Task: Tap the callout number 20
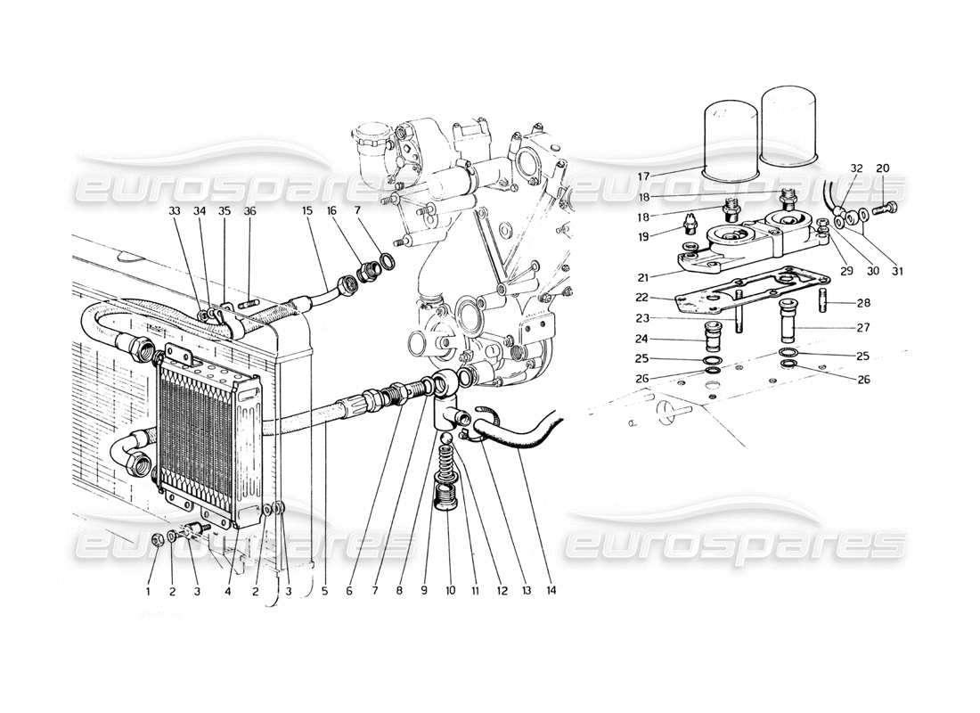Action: coord(882,168)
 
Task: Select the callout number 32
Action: coord(831,168)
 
